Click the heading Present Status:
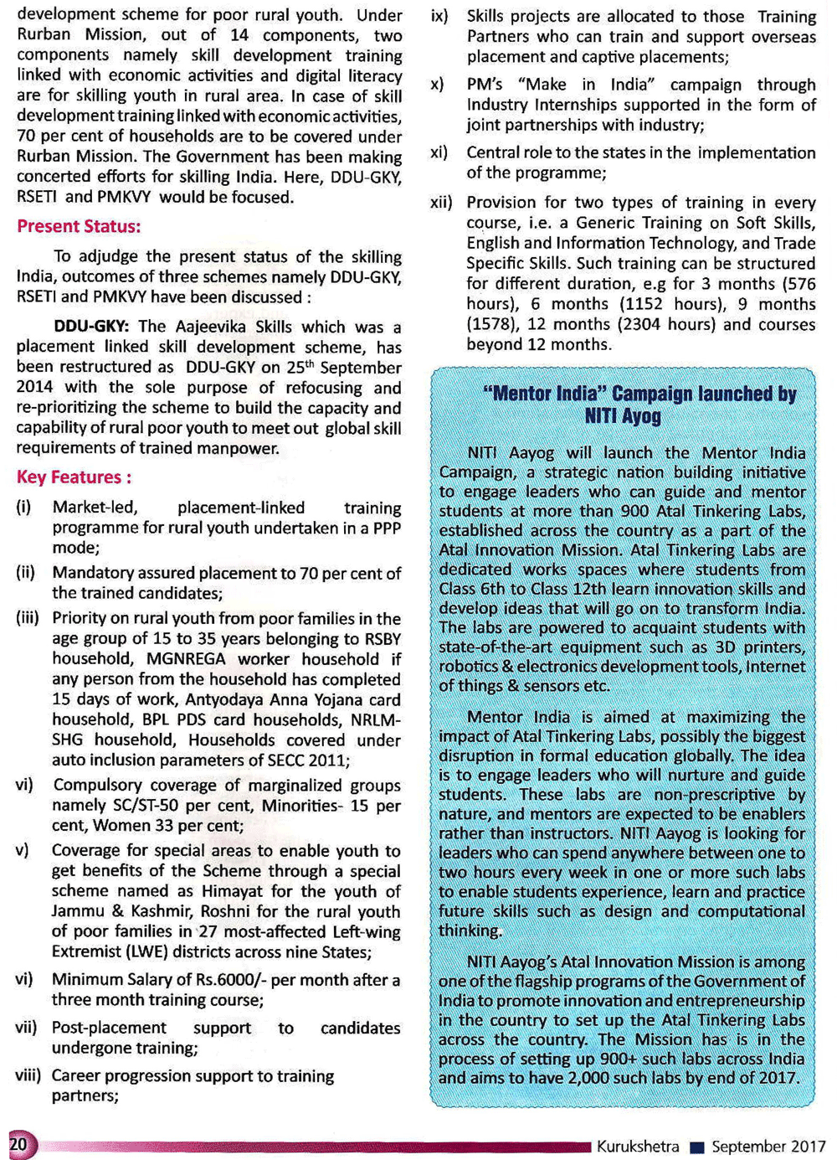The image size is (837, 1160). pos(79,227)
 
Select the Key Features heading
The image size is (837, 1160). pos(74,477)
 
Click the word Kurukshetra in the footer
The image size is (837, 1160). pos(638,1147)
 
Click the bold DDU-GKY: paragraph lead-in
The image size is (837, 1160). pos(93,327)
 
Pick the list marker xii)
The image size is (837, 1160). pos(441,203)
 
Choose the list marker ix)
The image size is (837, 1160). pos(439,17)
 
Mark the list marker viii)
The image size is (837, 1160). pos(28,1076)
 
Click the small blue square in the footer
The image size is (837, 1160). pos(696,1147)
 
